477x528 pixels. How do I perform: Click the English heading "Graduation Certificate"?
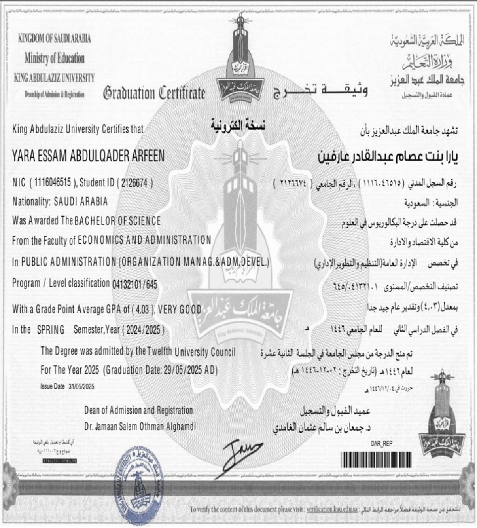click(154, 93)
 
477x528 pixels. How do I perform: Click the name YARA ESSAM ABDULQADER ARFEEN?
click(88, 157)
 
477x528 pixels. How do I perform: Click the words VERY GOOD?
click(180, 309)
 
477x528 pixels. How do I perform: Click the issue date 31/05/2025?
click(81, 387)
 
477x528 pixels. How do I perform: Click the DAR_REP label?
click(381, 444)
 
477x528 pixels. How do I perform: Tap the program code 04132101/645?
click(134, 283)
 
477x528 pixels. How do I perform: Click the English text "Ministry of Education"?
click(54, 59)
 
